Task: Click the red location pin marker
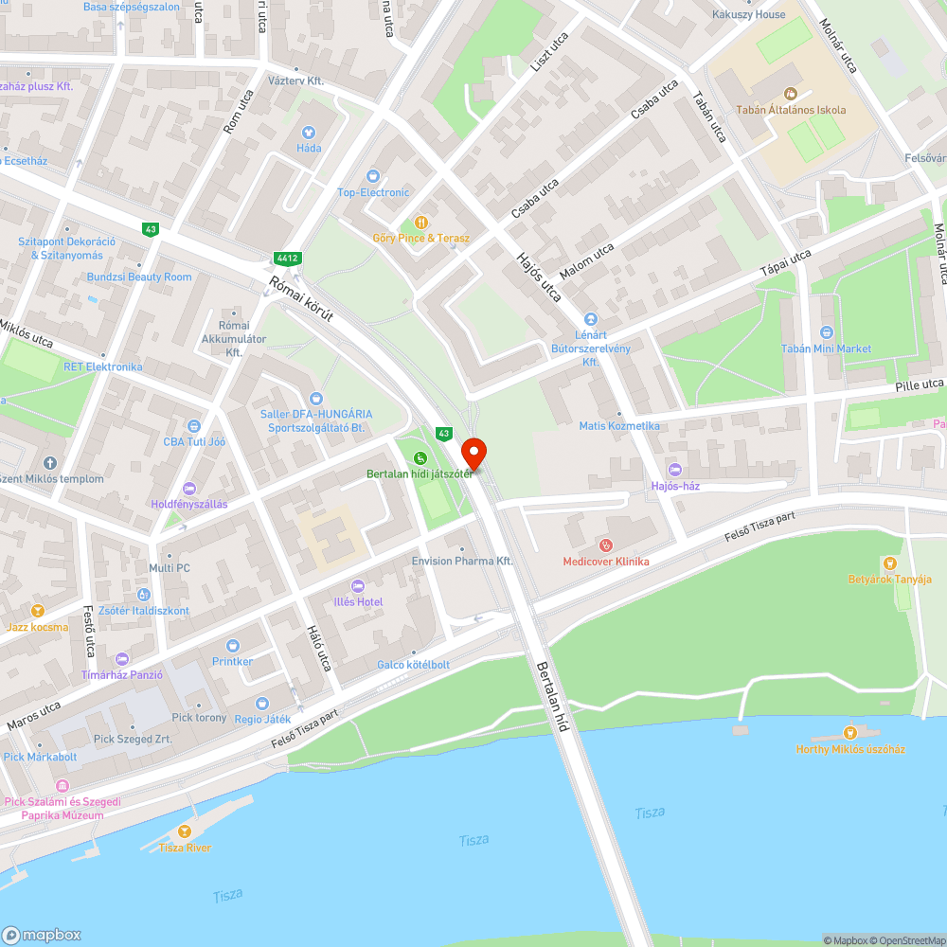pyautogui.click(x=473, y=453)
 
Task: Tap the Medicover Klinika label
pyautogui.click(x=606, y=562)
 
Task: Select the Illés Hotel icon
pyautogui.click(x=357, y=586)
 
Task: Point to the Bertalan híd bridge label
pyautogui.click(x=553, y=697)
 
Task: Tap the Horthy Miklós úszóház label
pyautogui.click(x=850, y=749)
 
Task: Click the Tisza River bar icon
pyautogui.click(x=185, y=831)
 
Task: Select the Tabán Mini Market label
pyautogui.click(x=826, y=348)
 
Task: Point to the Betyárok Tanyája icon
pyautogui.click(x=889, y=563)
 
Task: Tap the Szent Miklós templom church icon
pyautogui.click(x=49, y=463)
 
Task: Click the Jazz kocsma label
pyautogui.click(x=37, y=627)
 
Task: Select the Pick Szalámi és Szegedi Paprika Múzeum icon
pyautogui.click(x=63, y=786)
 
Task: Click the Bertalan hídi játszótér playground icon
pyautogui.click(x=420, y=458)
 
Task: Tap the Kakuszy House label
pyautogui.click(x=748, y=15)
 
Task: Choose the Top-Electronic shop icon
pyautogui.click(x=373, y=176)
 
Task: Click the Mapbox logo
pyautogui.click(x=42, y=934)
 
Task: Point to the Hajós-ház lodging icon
pyautogui.click(x=674, y=470)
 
